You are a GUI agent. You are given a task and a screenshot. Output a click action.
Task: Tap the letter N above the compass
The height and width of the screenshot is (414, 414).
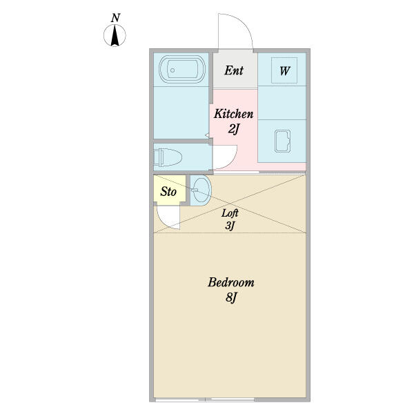(x=116, y=17)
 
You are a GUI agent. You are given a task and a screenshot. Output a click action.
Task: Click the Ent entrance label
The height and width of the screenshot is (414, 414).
(x=233, y=70)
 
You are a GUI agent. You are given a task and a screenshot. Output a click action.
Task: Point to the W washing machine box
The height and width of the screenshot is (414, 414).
(x=284, y=70)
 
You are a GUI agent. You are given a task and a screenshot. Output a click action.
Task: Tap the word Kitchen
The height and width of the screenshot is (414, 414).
(x=233, y=114)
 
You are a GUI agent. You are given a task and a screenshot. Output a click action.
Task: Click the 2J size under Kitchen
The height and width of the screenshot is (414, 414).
(x=233, y=129)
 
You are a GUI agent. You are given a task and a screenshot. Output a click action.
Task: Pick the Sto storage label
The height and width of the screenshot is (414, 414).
(x=168, y=191)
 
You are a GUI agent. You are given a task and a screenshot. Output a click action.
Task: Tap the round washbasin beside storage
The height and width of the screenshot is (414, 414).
(x=200, y=190)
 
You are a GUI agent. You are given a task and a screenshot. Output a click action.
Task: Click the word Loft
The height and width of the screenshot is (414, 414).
(x=230, y=213)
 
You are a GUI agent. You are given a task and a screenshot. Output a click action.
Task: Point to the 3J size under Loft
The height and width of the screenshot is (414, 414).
(x=230, y=226)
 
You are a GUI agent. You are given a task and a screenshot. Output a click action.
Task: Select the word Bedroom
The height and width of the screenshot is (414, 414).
(x=231, y=282)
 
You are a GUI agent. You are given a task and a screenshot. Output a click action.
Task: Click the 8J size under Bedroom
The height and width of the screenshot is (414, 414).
(x=231, y=298)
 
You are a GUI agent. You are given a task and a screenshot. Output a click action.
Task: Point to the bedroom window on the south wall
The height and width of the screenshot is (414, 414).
(x=230, y=400)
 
